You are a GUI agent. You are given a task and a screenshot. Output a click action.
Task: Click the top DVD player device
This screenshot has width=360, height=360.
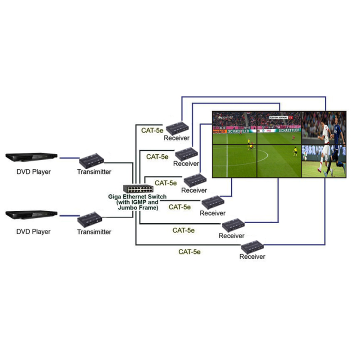point(31,157)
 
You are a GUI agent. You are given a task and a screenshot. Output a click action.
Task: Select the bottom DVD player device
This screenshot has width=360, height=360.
point(31,216)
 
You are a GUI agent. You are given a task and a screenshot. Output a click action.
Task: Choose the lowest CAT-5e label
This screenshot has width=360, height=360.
point(189,252)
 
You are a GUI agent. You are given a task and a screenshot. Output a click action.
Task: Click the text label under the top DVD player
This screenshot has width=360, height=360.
point(34,171)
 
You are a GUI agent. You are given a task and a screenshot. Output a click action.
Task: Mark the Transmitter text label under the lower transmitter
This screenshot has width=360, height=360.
point(94,232)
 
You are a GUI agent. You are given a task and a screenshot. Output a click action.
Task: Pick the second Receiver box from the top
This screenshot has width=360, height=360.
point(185,154)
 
